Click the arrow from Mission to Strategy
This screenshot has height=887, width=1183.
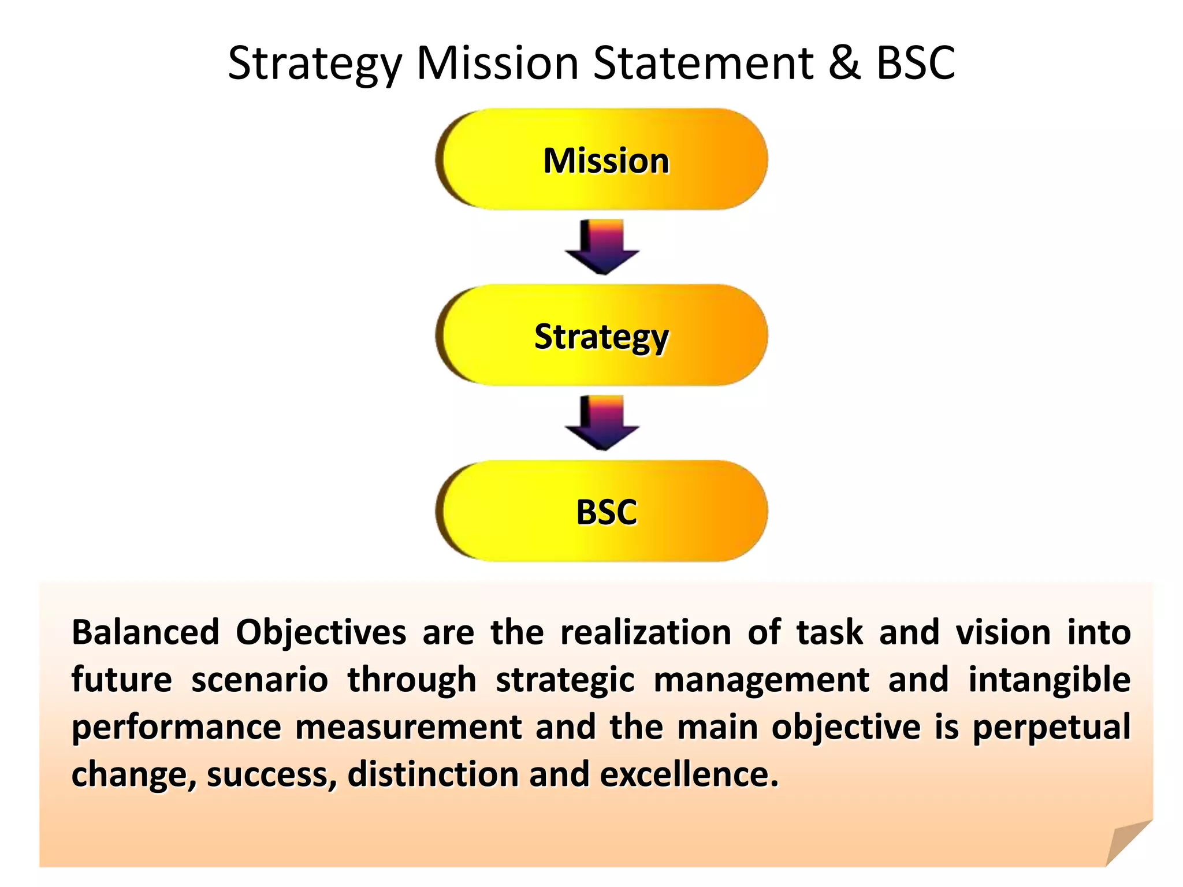point(602,247)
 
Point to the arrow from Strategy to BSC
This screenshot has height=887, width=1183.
point(602,423)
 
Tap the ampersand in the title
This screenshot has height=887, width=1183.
point(845,63)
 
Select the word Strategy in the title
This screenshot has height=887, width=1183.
point(315,64)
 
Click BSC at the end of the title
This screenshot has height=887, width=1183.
point(916,63)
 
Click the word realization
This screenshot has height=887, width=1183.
point(646,632)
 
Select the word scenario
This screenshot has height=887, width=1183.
point(260,680)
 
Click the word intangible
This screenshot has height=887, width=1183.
point(1049,680)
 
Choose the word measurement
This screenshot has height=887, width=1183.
point(408,727)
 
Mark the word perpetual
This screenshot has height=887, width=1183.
point(1051,728)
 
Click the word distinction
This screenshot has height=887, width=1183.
point(433,774)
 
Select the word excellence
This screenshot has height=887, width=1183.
point(689,774)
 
